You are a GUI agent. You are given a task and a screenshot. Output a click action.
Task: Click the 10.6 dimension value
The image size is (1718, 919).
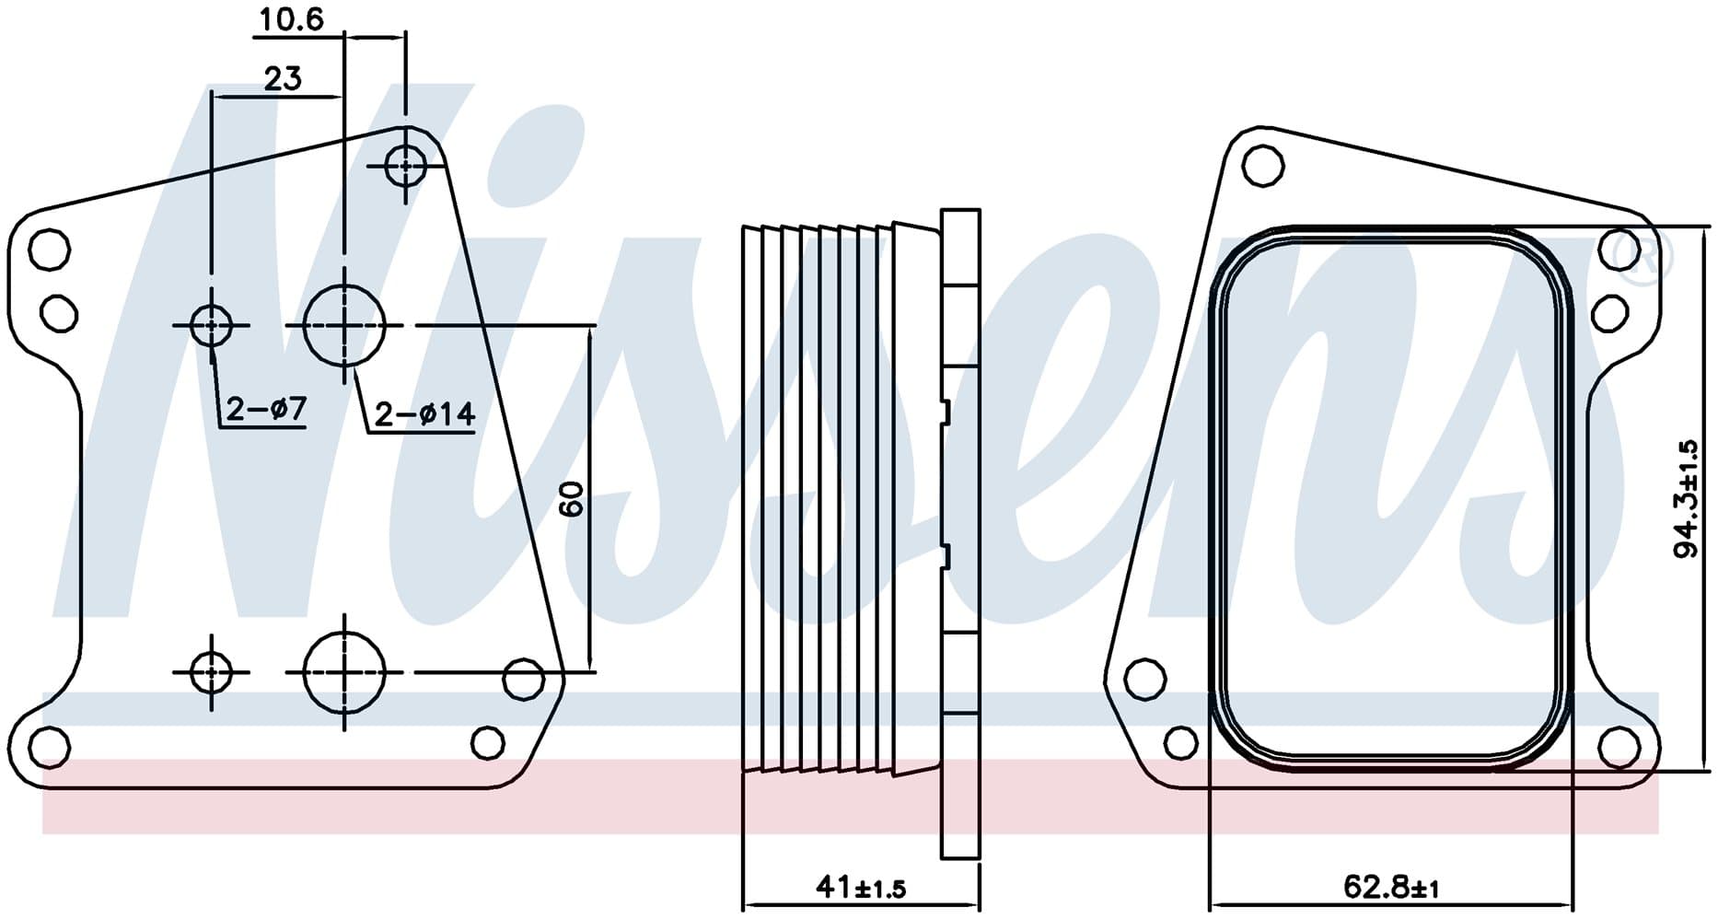[291, 18]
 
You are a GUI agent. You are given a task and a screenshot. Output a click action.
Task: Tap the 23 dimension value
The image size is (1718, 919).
[283, 79]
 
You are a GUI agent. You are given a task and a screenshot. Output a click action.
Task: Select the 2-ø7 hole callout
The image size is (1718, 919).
[266, 408]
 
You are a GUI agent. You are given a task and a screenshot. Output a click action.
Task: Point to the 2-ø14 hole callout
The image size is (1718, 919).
[425, 414]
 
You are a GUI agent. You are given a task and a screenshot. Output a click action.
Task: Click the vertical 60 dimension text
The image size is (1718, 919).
[572, 498]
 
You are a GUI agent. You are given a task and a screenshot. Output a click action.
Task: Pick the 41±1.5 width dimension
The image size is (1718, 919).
[861, 887]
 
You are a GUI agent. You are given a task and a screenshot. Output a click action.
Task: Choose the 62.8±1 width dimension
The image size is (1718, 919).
[1391, 887]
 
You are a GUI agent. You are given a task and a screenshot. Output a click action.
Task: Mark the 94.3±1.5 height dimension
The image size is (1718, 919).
[1686, 498]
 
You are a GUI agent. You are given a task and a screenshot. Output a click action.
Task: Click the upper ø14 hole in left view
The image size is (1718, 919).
[344, 325]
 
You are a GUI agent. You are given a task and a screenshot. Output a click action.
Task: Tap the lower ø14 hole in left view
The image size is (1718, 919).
[344, 672]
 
